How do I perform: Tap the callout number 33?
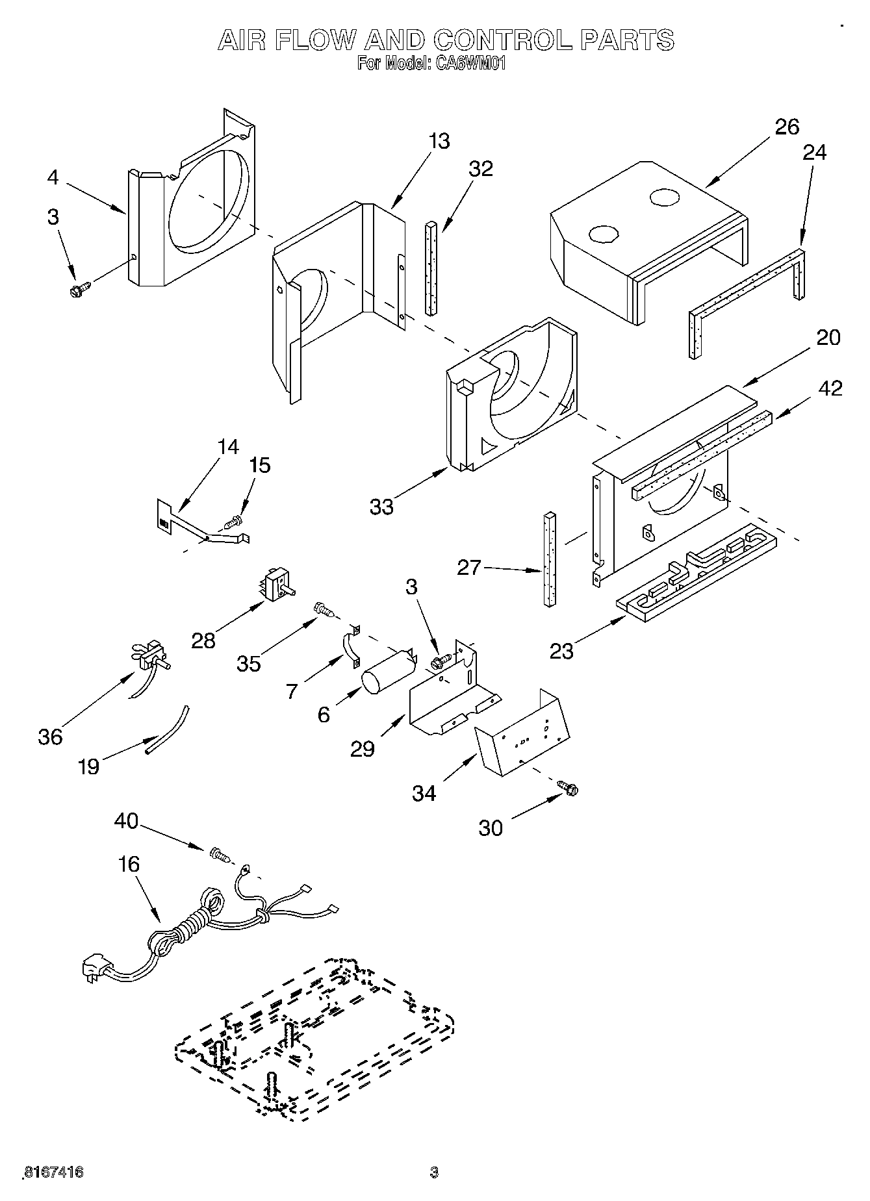pos(382,506)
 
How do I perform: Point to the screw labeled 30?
pos(568,789)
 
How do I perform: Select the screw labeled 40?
pos(220,855)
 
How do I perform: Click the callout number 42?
pos(830,388)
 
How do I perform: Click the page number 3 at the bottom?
pos(434,1172)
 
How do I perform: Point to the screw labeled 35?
pos(324,609)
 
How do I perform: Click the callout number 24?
pos(814,152)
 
